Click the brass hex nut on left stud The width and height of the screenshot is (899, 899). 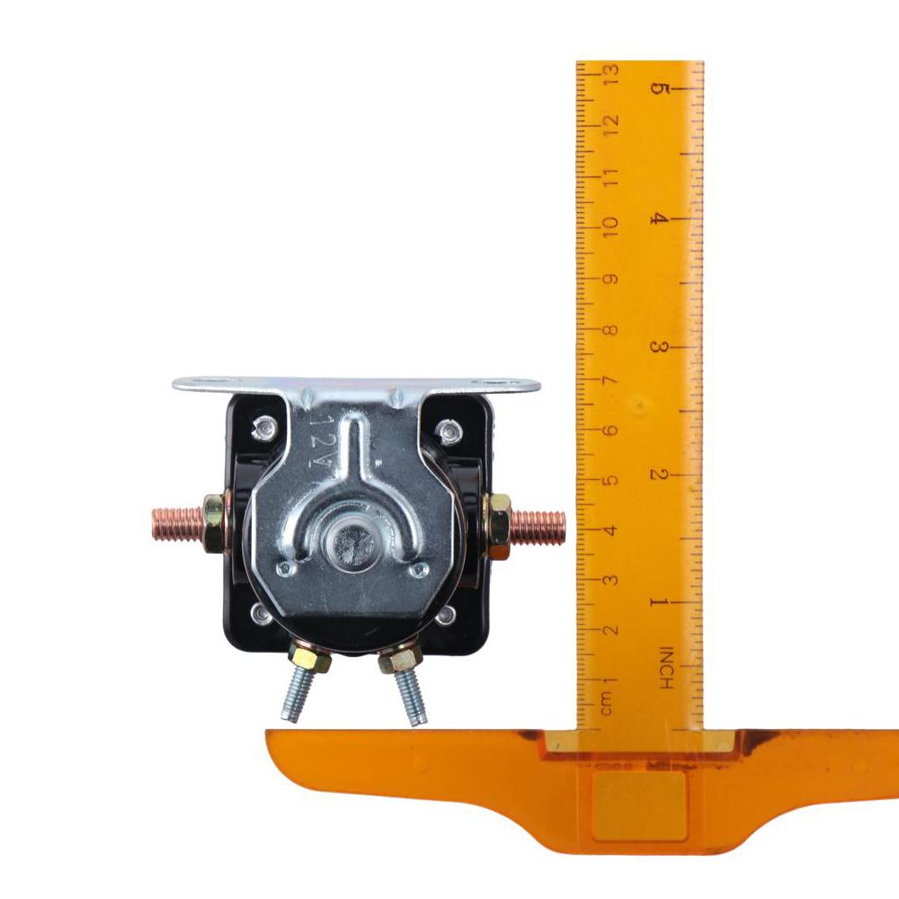coord(213,523)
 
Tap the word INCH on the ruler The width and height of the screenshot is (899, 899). coord(665,668)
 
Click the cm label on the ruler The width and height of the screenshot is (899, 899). coord(607,703)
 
